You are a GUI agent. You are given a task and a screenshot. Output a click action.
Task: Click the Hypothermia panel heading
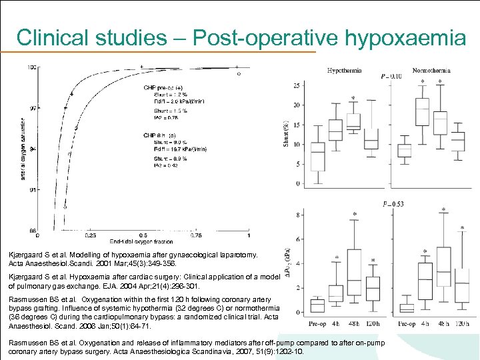(x=344, y=70)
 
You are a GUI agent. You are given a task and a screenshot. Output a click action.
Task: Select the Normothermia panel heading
(x=431, y=70)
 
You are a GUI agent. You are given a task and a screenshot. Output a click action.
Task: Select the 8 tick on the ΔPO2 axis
(x=297, y=215)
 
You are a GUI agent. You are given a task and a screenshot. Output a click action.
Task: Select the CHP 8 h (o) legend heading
(x=161, y=135)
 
